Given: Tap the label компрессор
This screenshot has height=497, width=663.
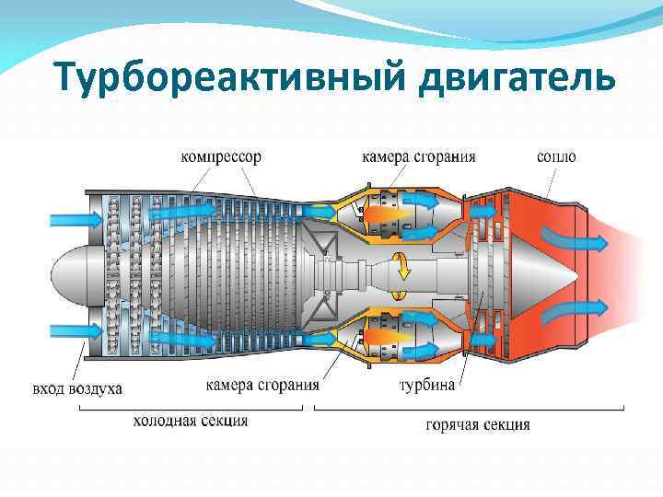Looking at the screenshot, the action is click(x=220, y=156).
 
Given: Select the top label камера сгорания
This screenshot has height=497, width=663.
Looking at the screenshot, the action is click(x=418, y=156).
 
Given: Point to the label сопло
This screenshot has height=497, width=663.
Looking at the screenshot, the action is click(x=556, y=156).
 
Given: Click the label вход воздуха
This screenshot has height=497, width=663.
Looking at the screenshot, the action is click(x=77, y=388).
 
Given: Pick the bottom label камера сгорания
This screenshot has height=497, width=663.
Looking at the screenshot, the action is click(x=262, y=385).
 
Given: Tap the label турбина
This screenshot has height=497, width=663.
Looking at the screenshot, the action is click(x=426, y=385).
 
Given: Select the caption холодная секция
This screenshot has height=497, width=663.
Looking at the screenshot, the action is click(x=191, y=421).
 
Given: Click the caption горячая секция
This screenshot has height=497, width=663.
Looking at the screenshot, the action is click(x=478, y=424).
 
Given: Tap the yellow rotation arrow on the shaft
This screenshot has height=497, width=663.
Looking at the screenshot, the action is click(x=401, y=274).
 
